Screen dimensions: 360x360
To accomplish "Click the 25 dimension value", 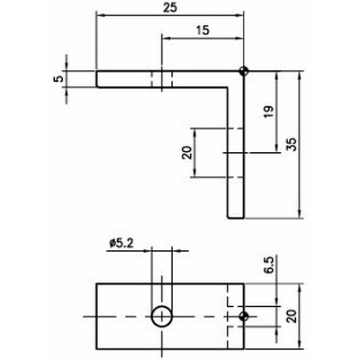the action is click(x=170, y=8).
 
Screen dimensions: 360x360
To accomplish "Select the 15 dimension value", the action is click(x=203, y=31).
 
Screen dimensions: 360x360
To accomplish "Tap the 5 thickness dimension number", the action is click(x=59, y=79).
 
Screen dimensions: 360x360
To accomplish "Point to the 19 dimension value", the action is click(x=269, y=112).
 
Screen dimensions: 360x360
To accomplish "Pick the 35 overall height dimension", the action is click(x=292, y=144).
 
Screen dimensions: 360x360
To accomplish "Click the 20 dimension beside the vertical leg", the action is click(x=187, y=152).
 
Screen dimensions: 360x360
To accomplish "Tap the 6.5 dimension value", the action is click(x=269, y=265).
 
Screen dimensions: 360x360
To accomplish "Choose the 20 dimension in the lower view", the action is click(x=292, y=316).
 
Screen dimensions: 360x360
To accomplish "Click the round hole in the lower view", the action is click(x=162, y=316).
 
